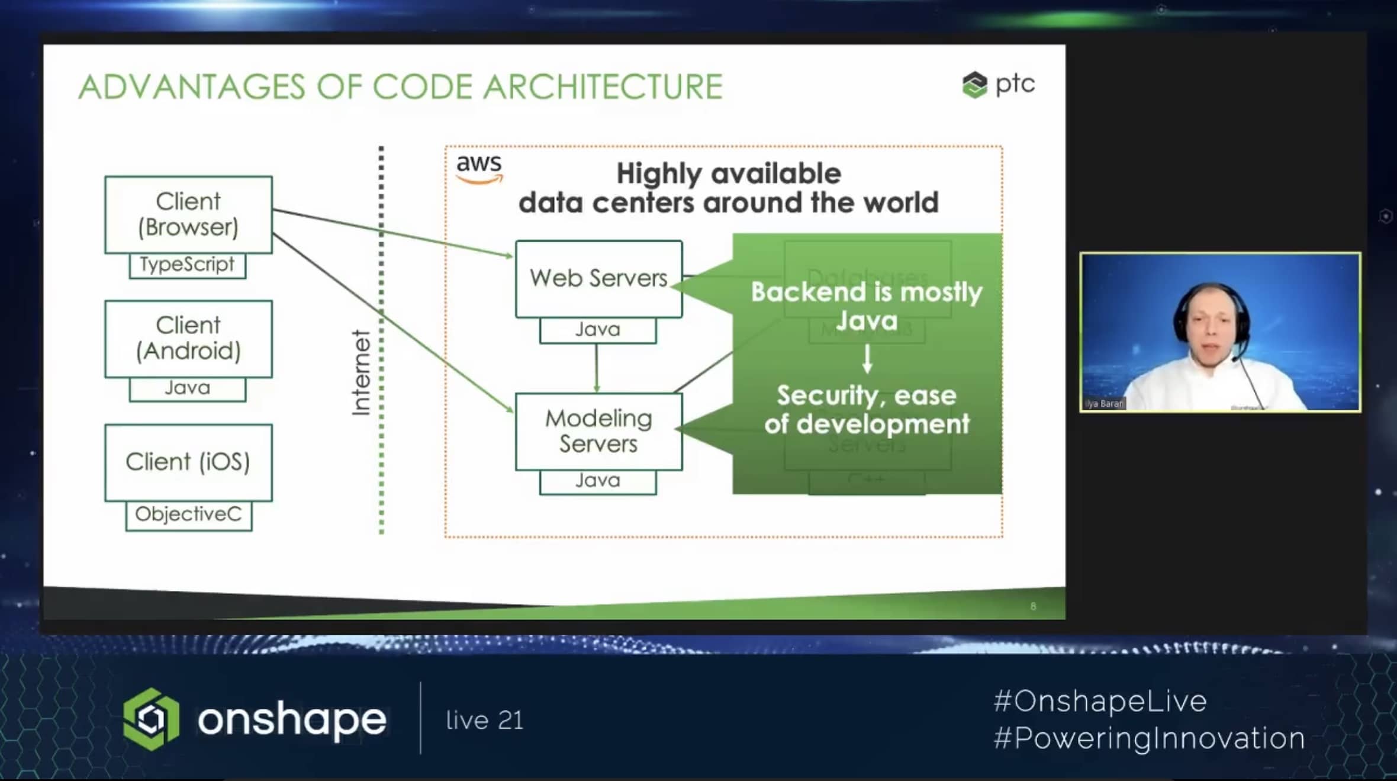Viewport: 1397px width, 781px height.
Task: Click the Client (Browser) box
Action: tap(188, 214)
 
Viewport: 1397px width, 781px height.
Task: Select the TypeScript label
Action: tap(187, 265)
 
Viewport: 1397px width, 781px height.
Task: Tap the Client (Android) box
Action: tap(188, 338)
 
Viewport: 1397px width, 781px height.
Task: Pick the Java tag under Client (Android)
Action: tap(187, 388)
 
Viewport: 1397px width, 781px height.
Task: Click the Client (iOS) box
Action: tap(188, 462)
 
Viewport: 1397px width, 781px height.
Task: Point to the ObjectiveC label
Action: tap(188, 515)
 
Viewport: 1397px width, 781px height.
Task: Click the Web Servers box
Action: tap(598, 278)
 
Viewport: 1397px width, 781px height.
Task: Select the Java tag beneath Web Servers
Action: tap(598, 330)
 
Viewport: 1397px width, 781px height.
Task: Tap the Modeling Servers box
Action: tap(598, 431)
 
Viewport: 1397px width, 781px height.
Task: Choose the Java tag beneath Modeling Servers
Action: tap(598, 481)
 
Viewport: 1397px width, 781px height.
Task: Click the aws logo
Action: tap(479, 168)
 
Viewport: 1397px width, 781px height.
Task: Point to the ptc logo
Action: tap(999, 85)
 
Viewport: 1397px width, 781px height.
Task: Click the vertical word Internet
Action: tap(361, 373)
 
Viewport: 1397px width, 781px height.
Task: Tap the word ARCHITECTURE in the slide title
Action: tap(603, 87)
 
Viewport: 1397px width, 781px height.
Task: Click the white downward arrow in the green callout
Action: tap(867, 358)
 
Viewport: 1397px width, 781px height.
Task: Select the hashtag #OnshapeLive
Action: tap(1100, 702)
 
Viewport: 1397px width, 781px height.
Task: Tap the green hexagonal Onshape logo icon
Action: tap(151, 719)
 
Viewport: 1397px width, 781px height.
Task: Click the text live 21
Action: tap(485, 721)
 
